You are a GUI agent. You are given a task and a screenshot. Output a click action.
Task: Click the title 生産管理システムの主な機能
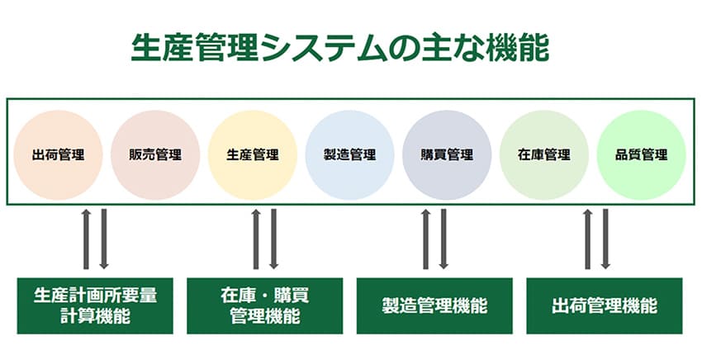[339, 48]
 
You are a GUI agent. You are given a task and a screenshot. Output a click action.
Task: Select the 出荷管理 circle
[58, 154]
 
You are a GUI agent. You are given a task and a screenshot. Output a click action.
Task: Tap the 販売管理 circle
[155, 154]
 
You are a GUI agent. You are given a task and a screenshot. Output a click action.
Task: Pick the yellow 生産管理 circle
[253, 154]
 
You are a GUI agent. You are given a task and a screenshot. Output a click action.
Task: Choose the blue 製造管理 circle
[350, 154]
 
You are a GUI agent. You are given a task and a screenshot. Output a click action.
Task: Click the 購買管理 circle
[448, 154]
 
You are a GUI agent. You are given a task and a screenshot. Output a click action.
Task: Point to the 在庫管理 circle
[544, 154]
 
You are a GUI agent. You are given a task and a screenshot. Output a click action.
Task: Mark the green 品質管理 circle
[642, 154]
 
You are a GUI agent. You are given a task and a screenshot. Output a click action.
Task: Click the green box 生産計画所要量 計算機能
[96, 305]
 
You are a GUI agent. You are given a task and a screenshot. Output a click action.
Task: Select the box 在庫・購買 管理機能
[265, 305]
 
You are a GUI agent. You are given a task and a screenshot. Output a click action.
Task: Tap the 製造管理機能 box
[434, 305]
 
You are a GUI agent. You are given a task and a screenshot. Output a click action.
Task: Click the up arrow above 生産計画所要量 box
[86, 239]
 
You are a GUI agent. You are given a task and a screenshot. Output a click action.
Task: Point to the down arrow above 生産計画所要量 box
[104, 239]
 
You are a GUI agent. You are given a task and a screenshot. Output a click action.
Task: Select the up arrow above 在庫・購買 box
[256, 239]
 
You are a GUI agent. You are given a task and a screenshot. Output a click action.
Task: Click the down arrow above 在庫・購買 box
[274, 239]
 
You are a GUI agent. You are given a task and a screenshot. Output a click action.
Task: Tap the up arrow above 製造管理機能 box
[426, 239]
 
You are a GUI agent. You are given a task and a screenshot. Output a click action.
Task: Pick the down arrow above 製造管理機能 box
[444, 239]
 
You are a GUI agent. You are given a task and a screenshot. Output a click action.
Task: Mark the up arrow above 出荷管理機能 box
[588, 239]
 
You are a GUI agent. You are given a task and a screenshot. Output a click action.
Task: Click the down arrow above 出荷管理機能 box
[606, 239]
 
